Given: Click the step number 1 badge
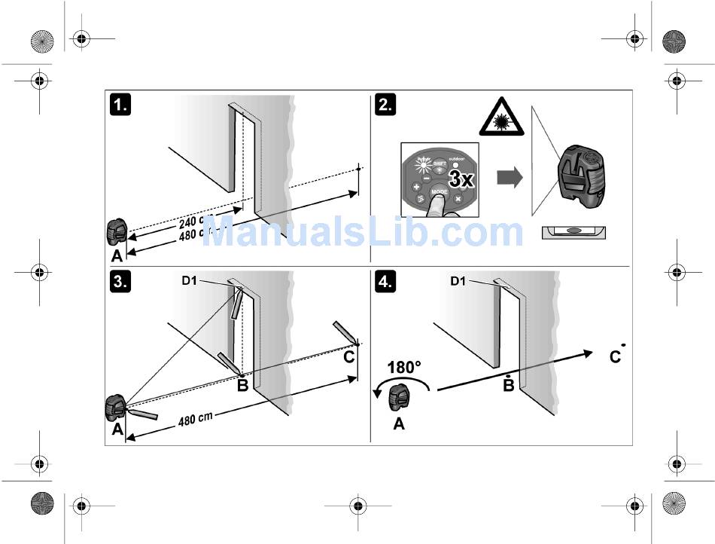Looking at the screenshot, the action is (x=120, y=105).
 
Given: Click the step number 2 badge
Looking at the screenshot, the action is (x=385, y=105).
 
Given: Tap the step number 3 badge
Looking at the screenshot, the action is (x=120, y=282).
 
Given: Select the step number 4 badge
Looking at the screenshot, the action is (x=385, y=282).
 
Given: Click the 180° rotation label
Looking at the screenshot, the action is (x=404, y=369).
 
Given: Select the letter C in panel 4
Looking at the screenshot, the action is (x=615, y=356).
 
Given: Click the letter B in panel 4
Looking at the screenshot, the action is (x=509, y=385).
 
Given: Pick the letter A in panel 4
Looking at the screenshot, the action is (x=399, y=424).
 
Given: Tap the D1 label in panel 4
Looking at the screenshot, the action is (x=459, y=280).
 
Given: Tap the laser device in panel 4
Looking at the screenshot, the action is (x=400, y=396).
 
